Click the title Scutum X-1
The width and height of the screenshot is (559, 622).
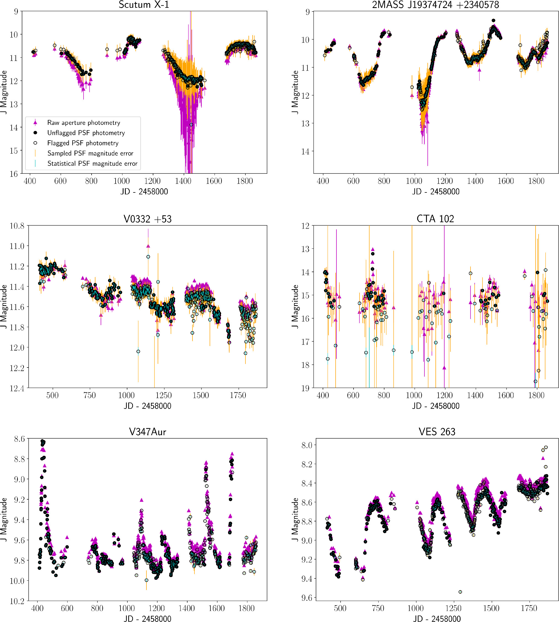(x=144, y=5)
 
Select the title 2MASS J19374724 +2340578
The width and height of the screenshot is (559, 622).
(x=435, y=5)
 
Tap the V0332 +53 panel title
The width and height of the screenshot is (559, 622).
(x=148, y=219)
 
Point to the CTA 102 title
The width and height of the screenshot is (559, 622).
(x=435, y=219)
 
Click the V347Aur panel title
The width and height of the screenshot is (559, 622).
(x=148, y=432)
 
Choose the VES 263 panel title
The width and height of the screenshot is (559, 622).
(x=437, y=432)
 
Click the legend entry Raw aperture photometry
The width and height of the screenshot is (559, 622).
(x=84, y=123)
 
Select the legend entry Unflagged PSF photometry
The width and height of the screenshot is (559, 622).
(x=86, y=133)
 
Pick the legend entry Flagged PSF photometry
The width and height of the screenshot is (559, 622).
(x=83, y=143)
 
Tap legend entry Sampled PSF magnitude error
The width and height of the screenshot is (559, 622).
(x=90, y=153)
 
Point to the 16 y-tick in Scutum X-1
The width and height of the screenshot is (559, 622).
(x=14, y=174)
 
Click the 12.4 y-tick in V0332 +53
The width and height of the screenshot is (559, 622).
(x=17, y=388)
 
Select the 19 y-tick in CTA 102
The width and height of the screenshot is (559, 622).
(x=305, y=388)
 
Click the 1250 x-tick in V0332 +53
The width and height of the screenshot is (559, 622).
(x=164, y=395)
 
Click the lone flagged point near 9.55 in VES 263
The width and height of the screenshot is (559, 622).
(x=460, y=592)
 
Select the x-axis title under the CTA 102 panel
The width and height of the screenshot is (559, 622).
(x=435, y=406)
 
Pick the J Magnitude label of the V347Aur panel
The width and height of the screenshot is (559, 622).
(x=4, y=519)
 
